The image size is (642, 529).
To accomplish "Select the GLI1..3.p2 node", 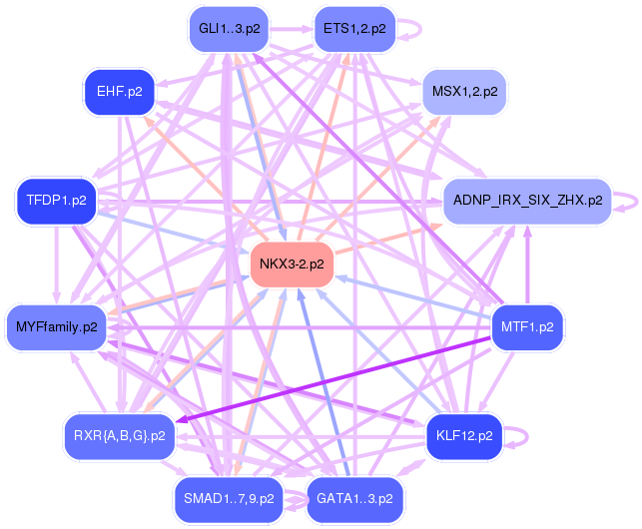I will (230, 28).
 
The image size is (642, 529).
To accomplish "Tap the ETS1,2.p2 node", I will (353, 28).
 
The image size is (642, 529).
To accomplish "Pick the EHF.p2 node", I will (119, 91).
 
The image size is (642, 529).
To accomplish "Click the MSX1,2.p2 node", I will (464, 91).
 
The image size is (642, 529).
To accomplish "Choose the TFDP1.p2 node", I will (52, 200).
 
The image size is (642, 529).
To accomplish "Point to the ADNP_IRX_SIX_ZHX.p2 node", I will (527, 200).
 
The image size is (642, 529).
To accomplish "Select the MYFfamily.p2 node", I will (57, 326).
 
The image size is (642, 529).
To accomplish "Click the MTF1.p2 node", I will (528, 326).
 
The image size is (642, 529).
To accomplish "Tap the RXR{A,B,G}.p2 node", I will (119, 435).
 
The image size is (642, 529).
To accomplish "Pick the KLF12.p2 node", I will (465, 435).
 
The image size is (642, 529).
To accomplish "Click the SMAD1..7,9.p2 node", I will (229, 497).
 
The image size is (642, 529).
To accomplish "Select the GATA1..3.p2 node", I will (354, 497).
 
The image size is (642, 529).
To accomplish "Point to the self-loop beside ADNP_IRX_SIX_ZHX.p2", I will (628, 200).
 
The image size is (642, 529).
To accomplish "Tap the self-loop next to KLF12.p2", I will (520, 435).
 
